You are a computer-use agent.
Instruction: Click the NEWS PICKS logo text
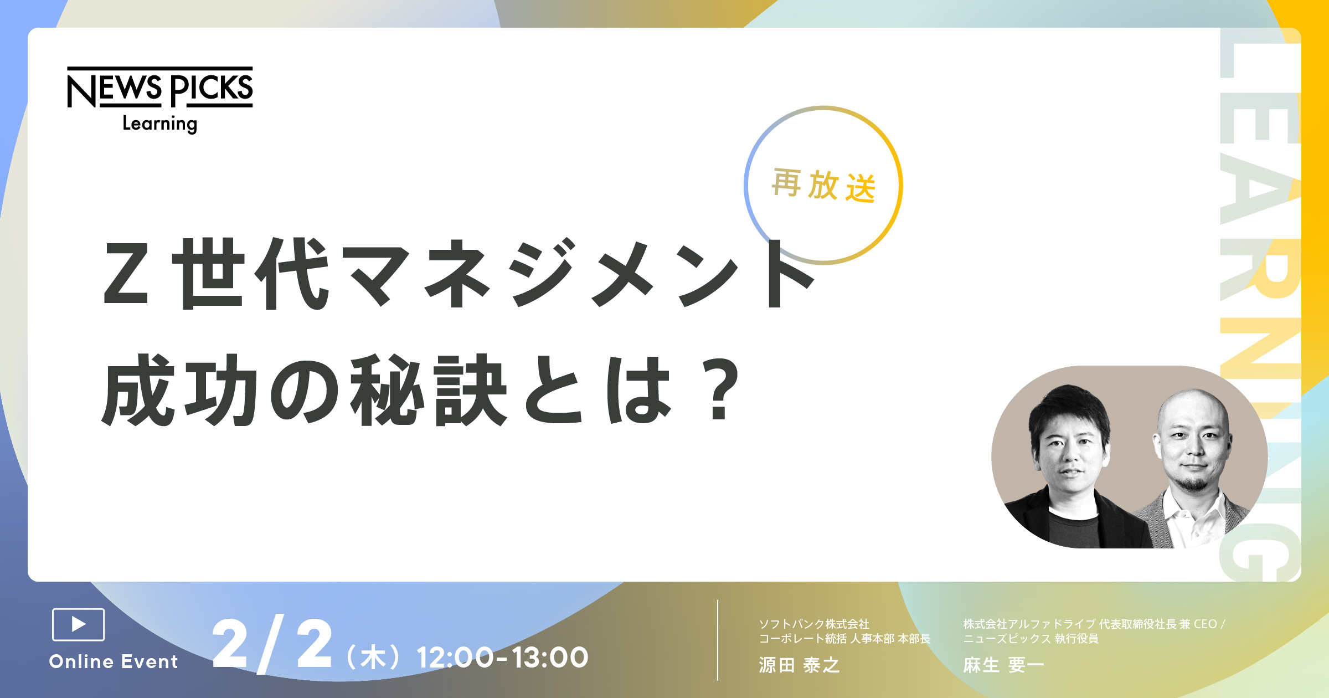pos(160,88)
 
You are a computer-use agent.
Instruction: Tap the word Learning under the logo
pos(159,123)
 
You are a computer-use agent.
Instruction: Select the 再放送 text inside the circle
pos(823,185)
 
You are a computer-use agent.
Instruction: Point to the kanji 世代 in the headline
pos(252,274)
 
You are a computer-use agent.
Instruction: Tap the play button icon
pos(78,624)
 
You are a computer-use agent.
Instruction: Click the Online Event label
pos(114,661)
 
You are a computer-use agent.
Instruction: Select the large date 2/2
pos(272,644)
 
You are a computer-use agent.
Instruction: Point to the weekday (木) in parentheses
pos(373,658)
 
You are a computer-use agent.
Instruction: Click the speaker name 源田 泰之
pos(799,665)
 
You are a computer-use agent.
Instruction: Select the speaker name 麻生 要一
pos(1003,665)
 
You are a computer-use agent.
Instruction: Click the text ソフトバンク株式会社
pos(814,624)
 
